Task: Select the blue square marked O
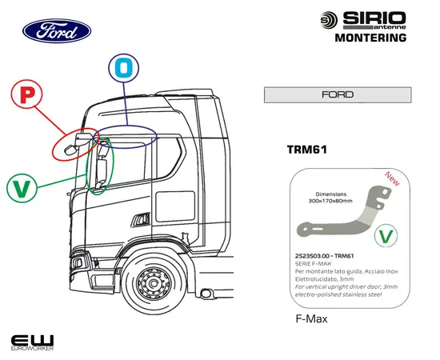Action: point(123,66)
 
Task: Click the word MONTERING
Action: point(367,37)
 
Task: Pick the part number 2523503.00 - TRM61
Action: point(324,255)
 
